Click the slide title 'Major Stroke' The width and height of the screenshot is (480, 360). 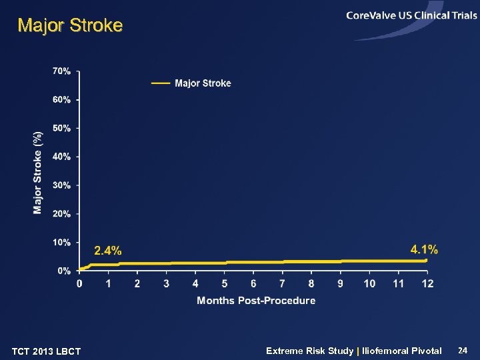tap(70, 26)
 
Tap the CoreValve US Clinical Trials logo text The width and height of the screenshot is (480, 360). tap(411, 15)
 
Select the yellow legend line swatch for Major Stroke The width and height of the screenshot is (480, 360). tap(161, 83)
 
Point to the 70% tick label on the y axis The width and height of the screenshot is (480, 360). tap(61, 71)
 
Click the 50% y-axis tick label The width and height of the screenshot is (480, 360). tap(61, 128)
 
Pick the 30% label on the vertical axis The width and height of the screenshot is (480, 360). tap(61, 185)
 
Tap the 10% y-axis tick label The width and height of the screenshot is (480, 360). tap(61, 243)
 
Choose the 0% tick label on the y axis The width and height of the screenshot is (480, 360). tap(64, 271)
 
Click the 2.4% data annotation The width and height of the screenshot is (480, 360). tap(107, 251)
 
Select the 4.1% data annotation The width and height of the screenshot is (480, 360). tap(424, 249)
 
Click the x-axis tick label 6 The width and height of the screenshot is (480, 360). tap(253, 284)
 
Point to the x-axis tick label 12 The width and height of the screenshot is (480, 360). tap(427, 284)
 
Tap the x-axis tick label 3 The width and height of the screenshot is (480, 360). tap(167, 284)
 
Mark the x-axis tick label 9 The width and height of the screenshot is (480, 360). tap(340, 284)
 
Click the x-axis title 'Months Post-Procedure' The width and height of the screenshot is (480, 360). tap(256, 301)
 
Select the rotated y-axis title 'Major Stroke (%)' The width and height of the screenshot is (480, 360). tap(38, 172)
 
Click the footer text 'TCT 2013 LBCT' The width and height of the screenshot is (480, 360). tap(46, 351)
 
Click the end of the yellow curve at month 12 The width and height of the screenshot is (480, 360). tap(425, 260)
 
